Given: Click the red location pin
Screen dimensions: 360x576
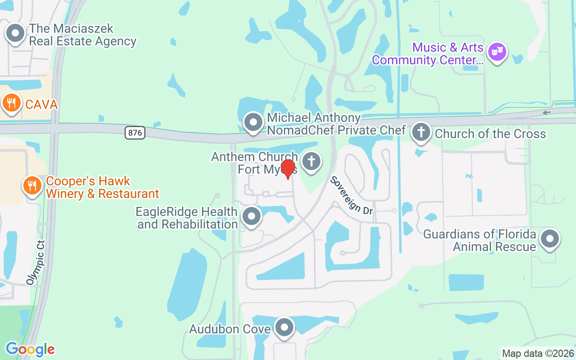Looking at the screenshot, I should [x=288, y=168].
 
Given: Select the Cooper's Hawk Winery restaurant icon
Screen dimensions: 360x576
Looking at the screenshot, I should [x=32, y=185].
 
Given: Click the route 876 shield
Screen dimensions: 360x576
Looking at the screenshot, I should [x=135, y=133].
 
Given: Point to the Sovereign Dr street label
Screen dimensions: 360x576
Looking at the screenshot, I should [x=352, y=195].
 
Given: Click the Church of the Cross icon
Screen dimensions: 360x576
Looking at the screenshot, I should [x=421, y=132].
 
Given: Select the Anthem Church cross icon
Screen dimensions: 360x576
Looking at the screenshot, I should [x=310, y=161].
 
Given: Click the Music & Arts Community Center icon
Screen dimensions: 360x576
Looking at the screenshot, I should [x=497, y=51].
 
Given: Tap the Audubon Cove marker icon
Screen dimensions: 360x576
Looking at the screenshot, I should [x=284, y=327].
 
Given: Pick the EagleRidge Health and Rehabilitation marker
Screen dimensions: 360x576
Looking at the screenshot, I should [x=252, y=216].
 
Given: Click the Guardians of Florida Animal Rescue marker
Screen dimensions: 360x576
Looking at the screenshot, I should [x=549, y=238].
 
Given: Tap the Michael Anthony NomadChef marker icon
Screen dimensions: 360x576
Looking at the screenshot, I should [x=253, y=122].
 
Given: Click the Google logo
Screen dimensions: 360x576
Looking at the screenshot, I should [x=30, y=349].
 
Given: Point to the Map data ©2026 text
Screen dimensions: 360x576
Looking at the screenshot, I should [x=538, y=354].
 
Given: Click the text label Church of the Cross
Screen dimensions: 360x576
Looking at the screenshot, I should [x=490, y=134].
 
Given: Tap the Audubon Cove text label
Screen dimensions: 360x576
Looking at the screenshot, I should [x=229, y=329].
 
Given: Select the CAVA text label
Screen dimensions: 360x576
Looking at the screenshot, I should [x=41, y=105].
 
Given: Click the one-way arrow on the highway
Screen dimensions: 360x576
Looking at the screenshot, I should [x=546, y=112].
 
